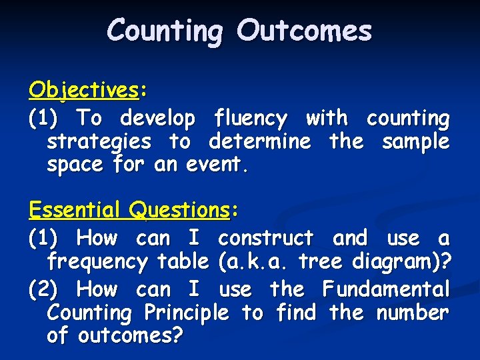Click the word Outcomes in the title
tap(304, 31)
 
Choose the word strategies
tap(99, 142)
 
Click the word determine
tap(259, 141)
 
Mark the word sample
tap(415, 141)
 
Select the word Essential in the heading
tap(75, 210)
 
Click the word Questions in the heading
tap(179, 210)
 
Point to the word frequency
tap(97, 262)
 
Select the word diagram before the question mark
tap(395, 262)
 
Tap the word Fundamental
tap(386, 289)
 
